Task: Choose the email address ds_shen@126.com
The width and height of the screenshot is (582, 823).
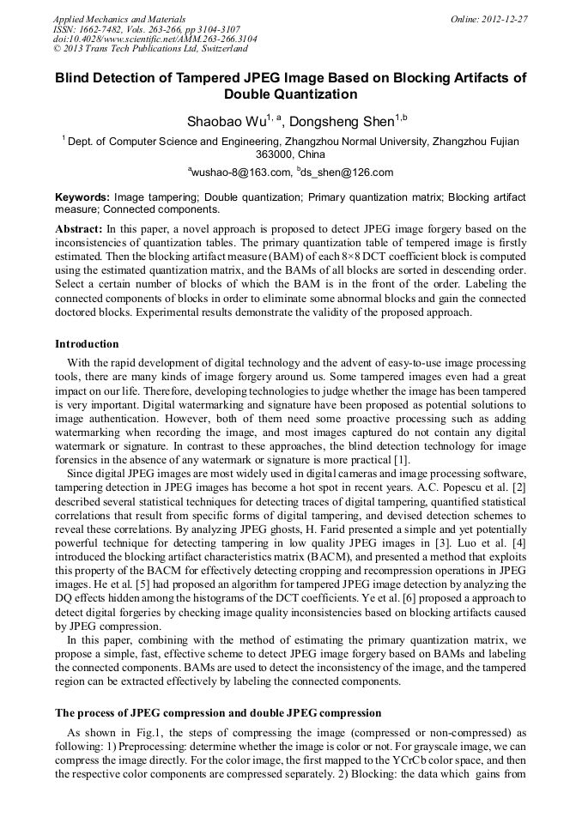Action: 348,172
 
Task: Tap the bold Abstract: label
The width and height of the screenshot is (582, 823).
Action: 79,229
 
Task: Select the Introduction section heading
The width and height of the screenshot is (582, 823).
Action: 87,344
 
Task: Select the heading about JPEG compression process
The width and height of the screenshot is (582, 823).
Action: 218,713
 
